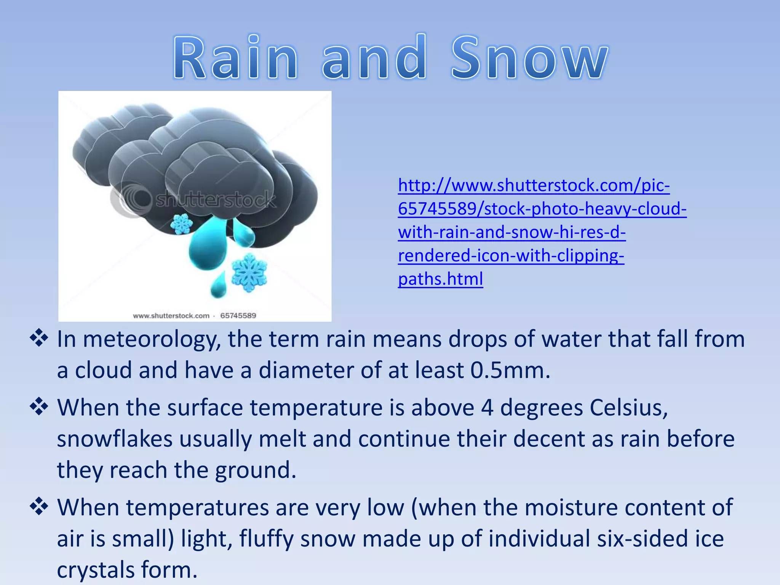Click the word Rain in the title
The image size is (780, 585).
pyautogui.click(x=235, y=58)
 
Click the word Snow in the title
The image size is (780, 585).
pyautogui.click(x=529, y=58)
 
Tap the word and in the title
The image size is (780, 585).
pyautogui.click(x=374, y=58)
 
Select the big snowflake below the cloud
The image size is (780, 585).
pyautogui.click(x=249, y=272)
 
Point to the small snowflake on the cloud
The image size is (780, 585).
pyautogui.click(x=181, y=224)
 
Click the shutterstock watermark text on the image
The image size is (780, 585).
pyautogui.click(x=215, y=200)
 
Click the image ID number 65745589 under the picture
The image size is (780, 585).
pyautogui.click(x=238, y=316)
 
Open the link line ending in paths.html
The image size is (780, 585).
pyautogui.click(x=440, y=279)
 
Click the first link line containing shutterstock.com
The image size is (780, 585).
pyautogui.click(x=533, y=185)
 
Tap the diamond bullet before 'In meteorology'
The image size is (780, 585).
pyautogui.click(x=39, y=338)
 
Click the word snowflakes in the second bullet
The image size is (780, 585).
pyautogui.click(x=115, y=439)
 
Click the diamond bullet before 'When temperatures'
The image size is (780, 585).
pyautogui.click(x=39, y=507)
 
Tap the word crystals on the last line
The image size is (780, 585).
pyautogui.click(x=95, y=570)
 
